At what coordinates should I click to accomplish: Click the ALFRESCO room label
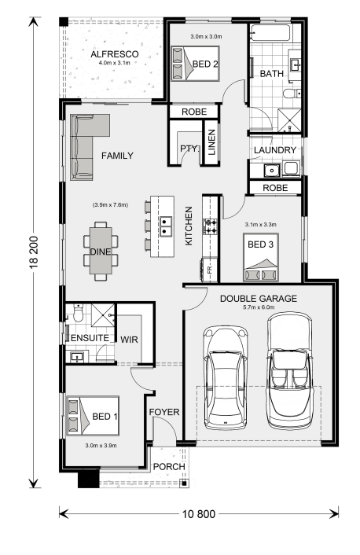click(114, 54)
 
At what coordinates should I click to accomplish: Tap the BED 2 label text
click(205, 64)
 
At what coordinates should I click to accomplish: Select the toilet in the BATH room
click(292, 94)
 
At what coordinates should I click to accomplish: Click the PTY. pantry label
click(189, 149)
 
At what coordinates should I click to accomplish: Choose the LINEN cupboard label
click(211, 142)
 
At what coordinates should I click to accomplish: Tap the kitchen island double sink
click(165, 226)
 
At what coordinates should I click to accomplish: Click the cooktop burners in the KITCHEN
click(210, 226)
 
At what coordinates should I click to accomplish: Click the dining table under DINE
click(101, 251)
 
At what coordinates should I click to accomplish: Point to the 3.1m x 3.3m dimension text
click(260, 224)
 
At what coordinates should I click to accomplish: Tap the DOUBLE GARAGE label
click(259, 299)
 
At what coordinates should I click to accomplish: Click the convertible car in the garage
click(290, 369)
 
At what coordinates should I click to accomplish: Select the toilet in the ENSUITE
click(78, 313)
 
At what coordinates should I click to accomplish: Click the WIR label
click(129, 340)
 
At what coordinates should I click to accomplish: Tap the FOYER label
click(164, 412)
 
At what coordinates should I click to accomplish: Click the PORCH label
click(169, 467)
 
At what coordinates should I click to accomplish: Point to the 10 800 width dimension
click(199, 514)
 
